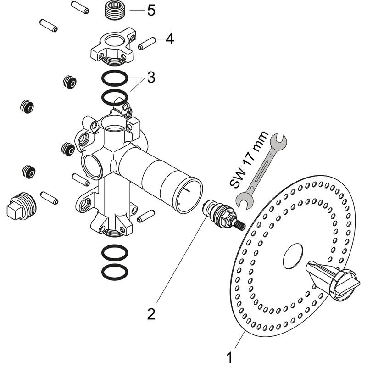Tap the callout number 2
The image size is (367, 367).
[x=151, y=314]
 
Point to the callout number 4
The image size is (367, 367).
[x=170, y=39]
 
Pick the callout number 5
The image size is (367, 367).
[x=151, y=10]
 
